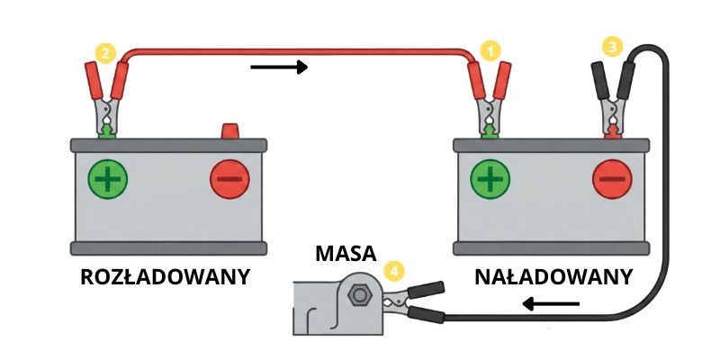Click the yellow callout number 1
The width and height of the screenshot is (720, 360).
(x=490, y=51)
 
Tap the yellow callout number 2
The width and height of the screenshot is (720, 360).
(x=104, y=55)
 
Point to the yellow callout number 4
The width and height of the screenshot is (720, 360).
(x=393, y=269)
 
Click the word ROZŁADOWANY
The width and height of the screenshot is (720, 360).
(x=165, y=276)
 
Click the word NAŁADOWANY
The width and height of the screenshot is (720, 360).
(x=554, y=276)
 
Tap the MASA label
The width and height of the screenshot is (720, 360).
(x=346, y=253)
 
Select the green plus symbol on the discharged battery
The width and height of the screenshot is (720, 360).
(x=108, y=180)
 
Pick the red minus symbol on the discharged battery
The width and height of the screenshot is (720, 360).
(x=229, y=180)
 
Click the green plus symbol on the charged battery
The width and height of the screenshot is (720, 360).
(x=490, y=180)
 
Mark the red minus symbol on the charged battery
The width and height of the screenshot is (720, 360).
(x=613, y=180)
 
